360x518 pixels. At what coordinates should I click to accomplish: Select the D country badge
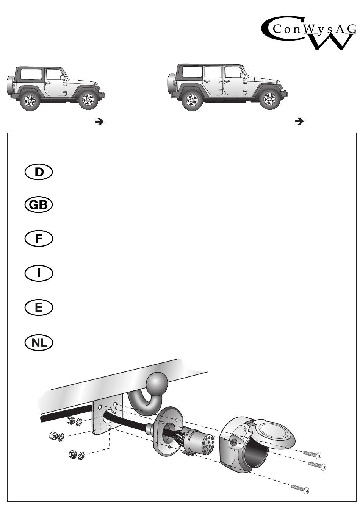coord(39,172)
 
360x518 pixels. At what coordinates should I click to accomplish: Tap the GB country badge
coord(39,205)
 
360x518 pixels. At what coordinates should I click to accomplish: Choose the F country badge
coord(39,239)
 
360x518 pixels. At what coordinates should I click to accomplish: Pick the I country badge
coord(39,273)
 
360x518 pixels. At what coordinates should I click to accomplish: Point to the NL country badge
coord(39,343)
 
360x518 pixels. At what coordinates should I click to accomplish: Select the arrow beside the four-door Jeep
coord(299,122)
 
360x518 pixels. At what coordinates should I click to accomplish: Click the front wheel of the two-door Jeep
coord(88,100)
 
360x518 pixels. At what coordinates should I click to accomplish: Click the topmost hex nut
coord(70,420)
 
